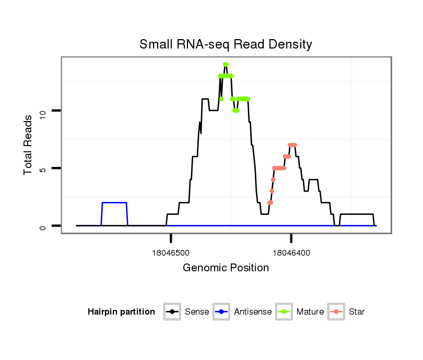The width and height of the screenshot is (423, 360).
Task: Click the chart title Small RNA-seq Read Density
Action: [x=226, y=44]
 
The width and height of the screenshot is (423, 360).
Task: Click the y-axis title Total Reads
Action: [x=29, y=145]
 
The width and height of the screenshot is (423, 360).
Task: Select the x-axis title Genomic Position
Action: [x=226, y=268]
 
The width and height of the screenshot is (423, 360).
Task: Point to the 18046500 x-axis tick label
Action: [x=171, y=253]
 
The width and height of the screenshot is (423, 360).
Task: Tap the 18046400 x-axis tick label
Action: [x=291, y=253]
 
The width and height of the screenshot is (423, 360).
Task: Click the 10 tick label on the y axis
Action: [x=42, y=111]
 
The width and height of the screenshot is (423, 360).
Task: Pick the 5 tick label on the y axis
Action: [x=42, y=168]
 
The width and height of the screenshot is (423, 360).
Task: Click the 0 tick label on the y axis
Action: [x=42, y=226]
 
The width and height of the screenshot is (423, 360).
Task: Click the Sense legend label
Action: [x=197, y=312]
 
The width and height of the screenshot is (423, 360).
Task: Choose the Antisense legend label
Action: [x=253, y=312]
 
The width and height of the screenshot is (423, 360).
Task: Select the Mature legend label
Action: [x=310, y=312]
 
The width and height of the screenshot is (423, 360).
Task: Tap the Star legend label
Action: [x=357, y=312]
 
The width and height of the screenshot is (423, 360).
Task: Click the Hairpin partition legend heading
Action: [x=121, y=312]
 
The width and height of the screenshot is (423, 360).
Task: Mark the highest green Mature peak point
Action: [x=226, y=65]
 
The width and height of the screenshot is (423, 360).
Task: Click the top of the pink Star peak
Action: [x=292, y=145]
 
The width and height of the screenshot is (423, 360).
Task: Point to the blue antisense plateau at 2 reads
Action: [x=114, y=202]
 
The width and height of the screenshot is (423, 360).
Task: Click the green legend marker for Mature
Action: [x=285, y=312]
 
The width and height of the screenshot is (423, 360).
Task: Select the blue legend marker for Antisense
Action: [x=222, y=312]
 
